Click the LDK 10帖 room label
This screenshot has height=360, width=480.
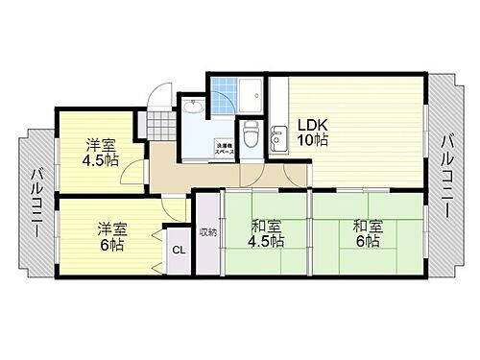point(311,132)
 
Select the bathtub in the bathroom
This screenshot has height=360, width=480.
point(252,97)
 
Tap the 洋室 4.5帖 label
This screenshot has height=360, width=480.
point(93,154)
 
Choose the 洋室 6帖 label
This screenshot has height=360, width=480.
point(108,237)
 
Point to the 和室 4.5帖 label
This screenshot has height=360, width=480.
point(265,235)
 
